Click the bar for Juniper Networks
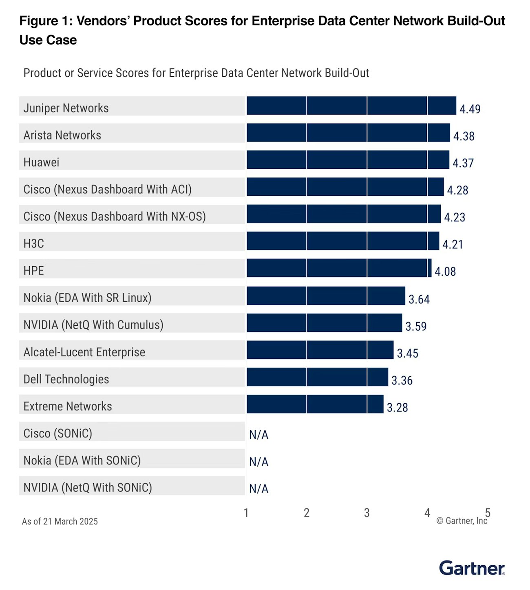pos(351,106)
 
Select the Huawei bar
pos(348,160)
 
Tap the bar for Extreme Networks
pos(315,404)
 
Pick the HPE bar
pos(339,268)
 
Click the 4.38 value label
pos(464,136)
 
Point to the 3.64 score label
pos(419,299)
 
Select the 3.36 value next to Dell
pos(402,380)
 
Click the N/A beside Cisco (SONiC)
pos(259,435)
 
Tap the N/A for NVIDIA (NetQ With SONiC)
pos(259,488)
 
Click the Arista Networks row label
pos(62,135)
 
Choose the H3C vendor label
pos(34,243)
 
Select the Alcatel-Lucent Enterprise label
pos(84,352)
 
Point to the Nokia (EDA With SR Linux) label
pos(88,298)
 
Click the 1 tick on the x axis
pos(246,513)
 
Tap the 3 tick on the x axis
pos(367,513)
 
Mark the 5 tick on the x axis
pos(488,512)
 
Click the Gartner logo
pos(472,568)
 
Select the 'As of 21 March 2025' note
pos(60,521)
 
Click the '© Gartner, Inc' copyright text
pos(462,521)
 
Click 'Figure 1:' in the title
pos(46,21)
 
